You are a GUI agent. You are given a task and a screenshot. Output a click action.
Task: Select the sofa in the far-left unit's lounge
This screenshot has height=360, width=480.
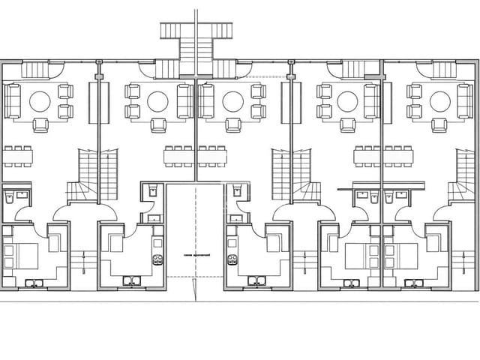coord(12,100)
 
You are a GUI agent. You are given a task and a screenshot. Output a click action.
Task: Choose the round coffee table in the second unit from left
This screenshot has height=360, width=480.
coord(157,100)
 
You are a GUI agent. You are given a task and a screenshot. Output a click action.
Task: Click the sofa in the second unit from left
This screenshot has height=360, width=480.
coord(184,100)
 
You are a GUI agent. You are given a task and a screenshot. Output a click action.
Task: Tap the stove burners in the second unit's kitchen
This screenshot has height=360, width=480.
coord(158,260)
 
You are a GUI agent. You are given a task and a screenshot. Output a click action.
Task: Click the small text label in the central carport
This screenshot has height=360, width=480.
coord(196,255)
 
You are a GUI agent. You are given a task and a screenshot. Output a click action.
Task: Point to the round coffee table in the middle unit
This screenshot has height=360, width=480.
coord(232,100)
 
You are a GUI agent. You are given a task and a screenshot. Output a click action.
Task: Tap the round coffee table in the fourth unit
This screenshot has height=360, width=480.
coord(347,100)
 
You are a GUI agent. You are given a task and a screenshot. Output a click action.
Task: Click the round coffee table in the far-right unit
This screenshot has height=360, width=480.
coord(437,100)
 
